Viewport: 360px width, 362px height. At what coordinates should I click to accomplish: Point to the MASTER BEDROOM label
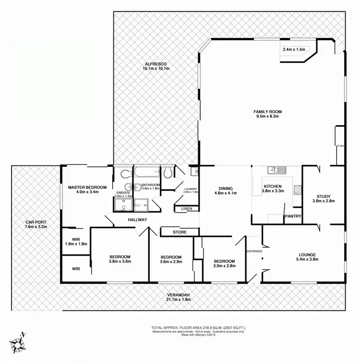87,187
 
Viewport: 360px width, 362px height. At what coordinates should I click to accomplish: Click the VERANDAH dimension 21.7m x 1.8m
179,299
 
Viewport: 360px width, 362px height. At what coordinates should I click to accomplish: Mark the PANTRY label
293,216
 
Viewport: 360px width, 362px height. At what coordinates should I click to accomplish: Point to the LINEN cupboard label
187,209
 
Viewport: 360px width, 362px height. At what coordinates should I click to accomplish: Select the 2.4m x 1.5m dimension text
294,49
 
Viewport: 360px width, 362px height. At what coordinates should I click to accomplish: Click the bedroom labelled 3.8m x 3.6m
120,259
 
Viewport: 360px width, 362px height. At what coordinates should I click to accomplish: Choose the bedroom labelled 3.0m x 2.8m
224,264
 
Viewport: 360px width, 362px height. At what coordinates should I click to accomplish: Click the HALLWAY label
137,220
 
